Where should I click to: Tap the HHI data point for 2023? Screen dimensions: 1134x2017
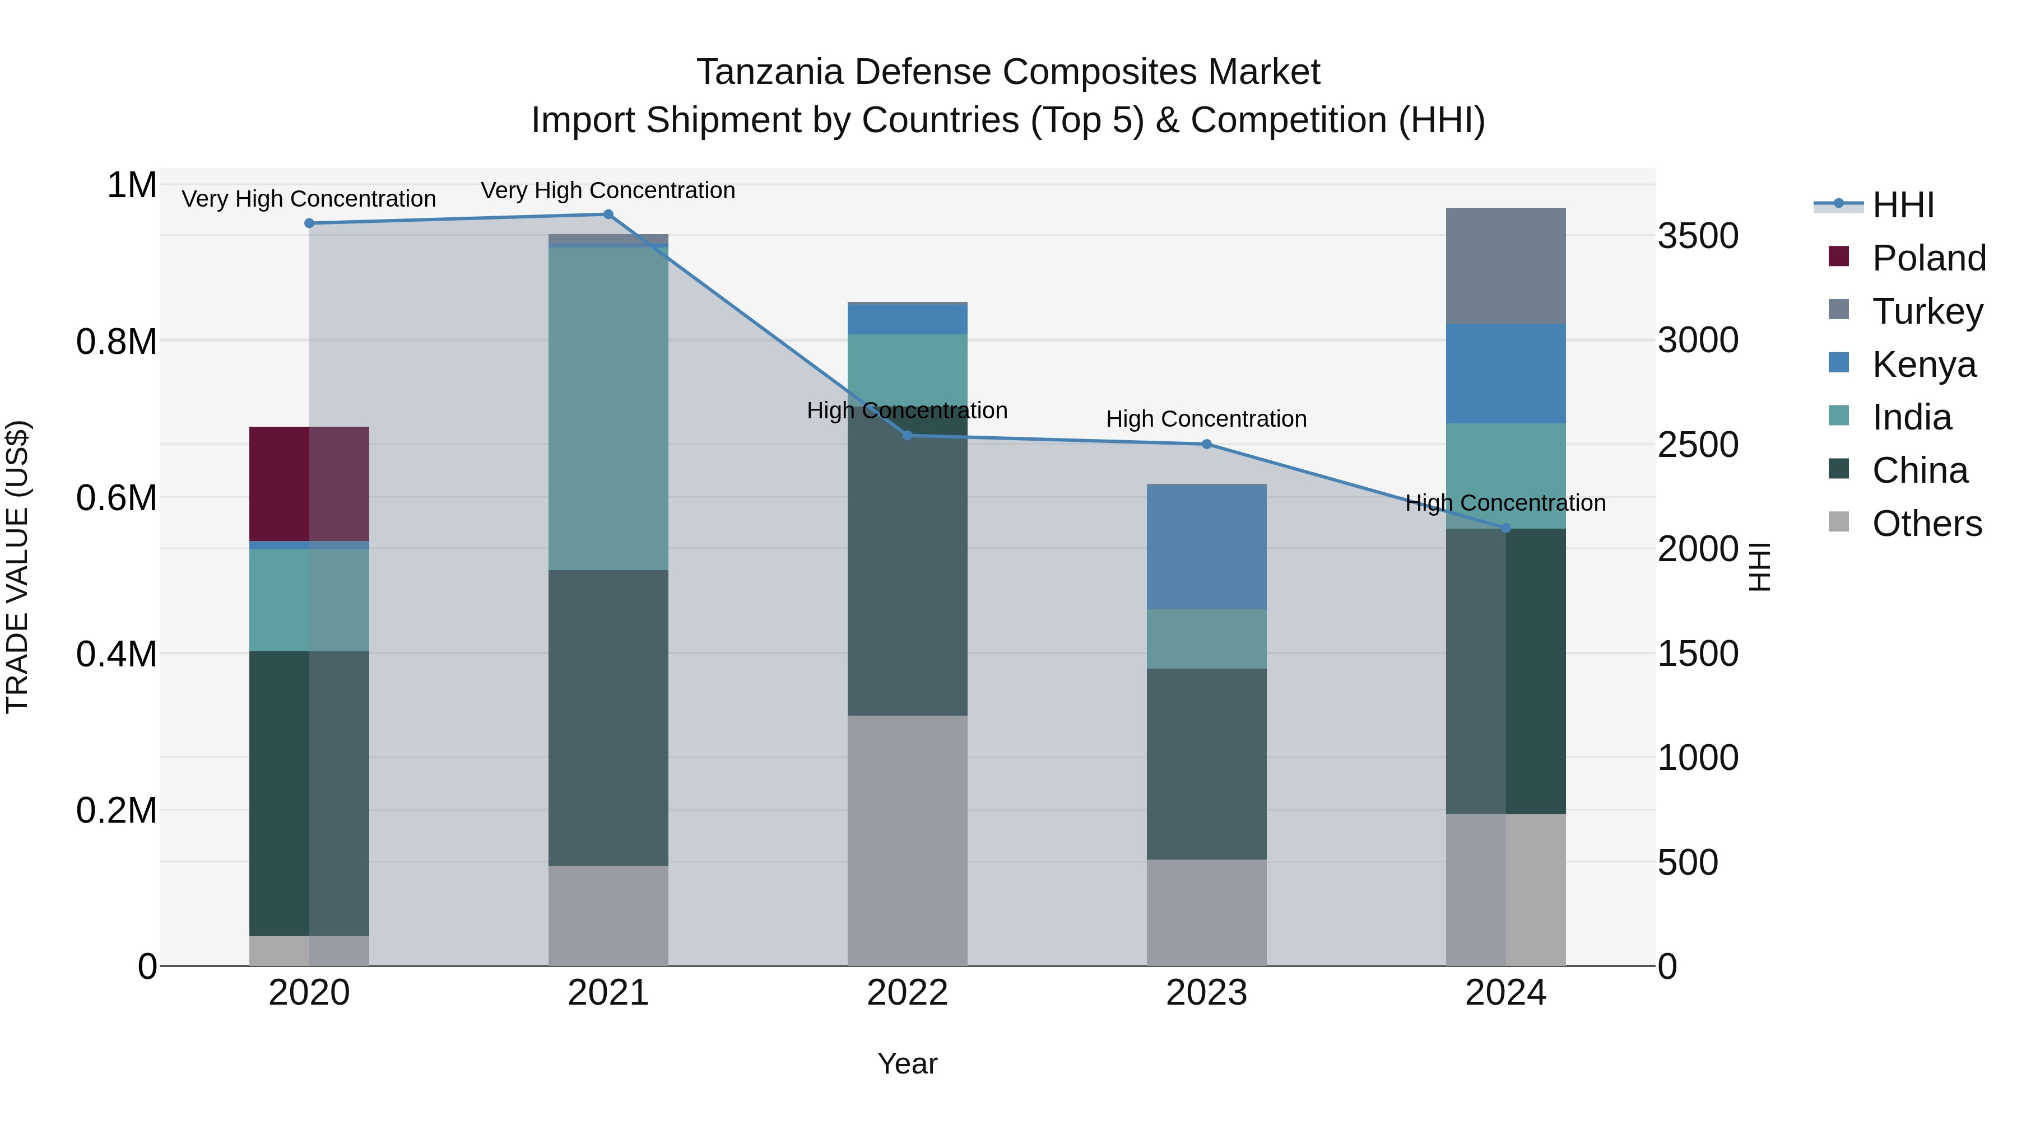click(x=1207, y=445)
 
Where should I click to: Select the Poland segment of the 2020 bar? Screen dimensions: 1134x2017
click(x=309, y=484)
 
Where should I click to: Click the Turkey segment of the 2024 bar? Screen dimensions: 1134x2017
click(x=1505, y=266)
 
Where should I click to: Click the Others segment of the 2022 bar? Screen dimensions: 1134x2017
click(x=908, y=840)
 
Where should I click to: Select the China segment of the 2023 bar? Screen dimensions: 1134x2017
click(x=1207, y=764)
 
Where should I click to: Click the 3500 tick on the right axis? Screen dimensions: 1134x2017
click(x=1698, y=236)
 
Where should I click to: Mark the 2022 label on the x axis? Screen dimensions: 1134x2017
click(x=908, y=993)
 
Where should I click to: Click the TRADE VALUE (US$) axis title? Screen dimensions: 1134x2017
click(x=17, y=567)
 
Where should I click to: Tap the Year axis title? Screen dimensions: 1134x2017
click(x=908, y=1063)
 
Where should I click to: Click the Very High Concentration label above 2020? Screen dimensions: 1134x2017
click(x=309, y=199)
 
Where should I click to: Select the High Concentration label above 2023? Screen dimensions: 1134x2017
click(x=1207, y=419)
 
